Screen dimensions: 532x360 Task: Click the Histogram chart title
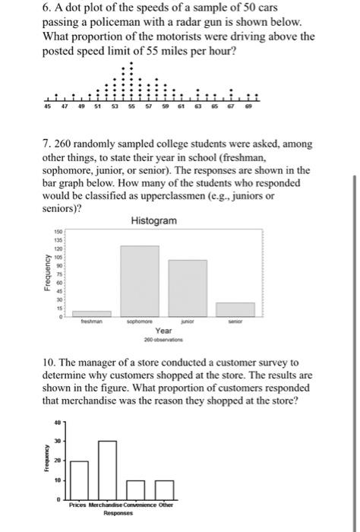tap(154, 220)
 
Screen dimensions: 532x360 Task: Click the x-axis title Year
tap(163, 331)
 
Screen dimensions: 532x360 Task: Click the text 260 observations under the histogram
tap(163, 340)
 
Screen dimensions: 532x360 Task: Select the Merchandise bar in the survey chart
tap(107, 471)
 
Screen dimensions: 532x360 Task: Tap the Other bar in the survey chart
tap(162, 491)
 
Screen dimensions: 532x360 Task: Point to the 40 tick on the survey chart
tap(57, 422)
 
